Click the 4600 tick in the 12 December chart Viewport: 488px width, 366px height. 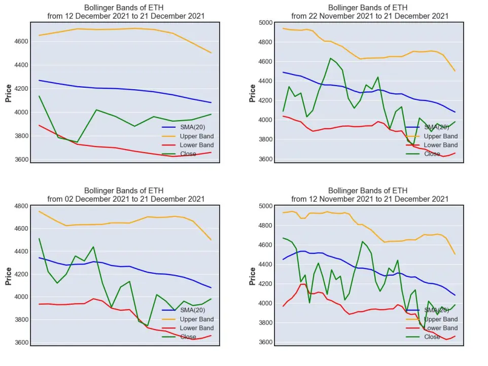21,42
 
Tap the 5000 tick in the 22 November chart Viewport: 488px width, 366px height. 265,23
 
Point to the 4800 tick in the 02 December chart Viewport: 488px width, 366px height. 21,206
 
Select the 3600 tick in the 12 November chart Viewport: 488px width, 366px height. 265,342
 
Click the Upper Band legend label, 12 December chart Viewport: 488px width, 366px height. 197,136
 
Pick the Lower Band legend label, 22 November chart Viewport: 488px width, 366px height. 441,145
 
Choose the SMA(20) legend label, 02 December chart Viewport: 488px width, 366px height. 193,310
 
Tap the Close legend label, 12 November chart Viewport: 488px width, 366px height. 432,337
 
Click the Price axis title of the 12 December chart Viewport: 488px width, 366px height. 9,93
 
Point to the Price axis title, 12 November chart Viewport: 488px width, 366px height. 253,276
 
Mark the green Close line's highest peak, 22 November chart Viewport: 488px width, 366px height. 331,58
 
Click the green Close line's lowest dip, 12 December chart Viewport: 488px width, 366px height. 77,142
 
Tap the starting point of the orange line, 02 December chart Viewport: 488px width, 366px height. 39,211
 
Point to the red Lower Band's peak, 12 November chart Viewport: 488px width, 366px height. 303,284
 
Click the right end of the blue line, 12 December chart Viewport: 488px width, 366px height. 211,102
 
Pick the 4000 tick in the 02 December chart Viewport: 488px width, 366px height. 21,297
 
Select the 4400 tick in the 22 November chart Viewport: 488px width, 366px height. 265,81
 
